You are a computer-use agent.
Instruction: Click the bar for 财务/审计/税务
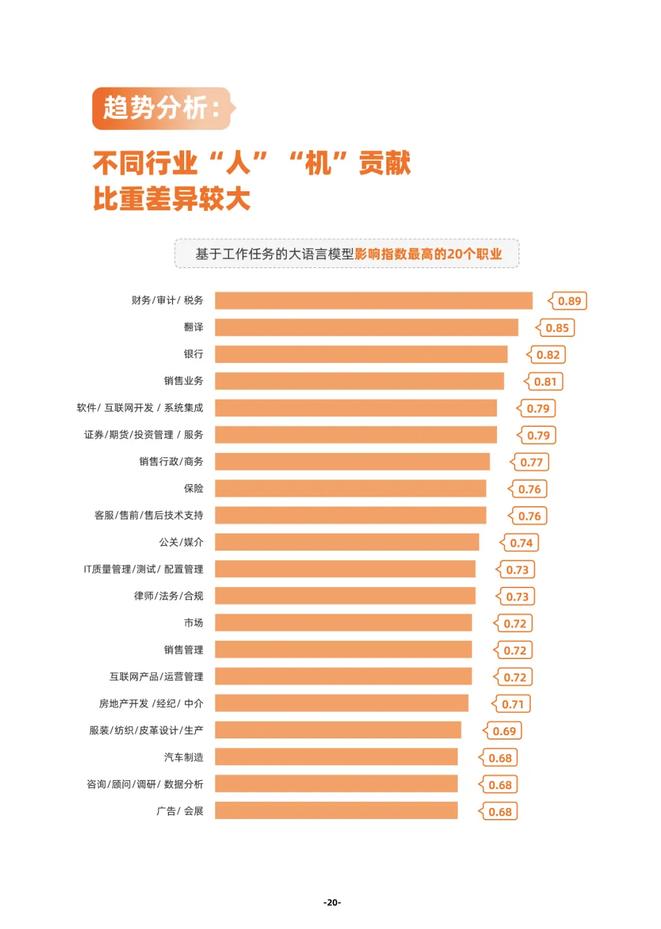[x=373, y=301]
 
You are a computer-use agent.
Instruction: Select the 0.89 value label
[x=569, y=301]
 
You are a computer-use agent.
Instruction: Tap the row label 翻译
[x=193, y=327]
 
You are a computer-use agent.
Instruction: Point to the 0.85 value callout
[x=556, y=328]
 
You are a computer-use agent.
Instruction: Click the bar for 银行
[x=361, y=355]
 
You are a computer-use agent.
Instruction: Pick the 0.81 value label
[x=545, y=382]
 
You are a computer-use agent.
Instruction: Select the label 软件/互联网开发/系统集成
[x=140, y=408]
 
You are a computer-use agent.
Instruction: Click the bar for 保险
[x=351, y=489]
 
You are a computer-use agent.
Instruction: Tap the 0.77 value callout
[x=531, y=463]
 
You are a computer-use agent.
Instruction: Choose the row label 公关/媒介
[x=181, y=543]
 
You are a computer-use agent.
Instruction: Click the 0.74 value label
[x=520, y=543]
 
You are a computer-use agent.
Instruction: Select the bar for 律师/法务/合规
[x=345, y=596]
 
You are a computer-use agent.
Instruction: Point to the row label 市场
[x=193, y=623]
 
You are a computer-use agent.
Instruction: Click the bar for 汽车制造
[x=336, y=757]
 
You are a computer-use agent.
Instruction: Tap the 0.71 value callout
[x=512, y=705]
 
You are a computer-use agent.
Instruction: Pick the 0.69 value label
[x=504, y=731]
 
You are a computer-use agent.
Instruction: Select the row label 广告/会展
[x=180, y=811]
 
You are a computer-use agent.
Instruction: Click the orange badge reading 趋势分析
[x=162, y=109]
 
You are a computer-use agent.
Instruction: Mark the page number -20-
[x=332, y=902]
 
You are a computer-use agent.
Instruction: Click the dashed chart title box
[x=347, y=254]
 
